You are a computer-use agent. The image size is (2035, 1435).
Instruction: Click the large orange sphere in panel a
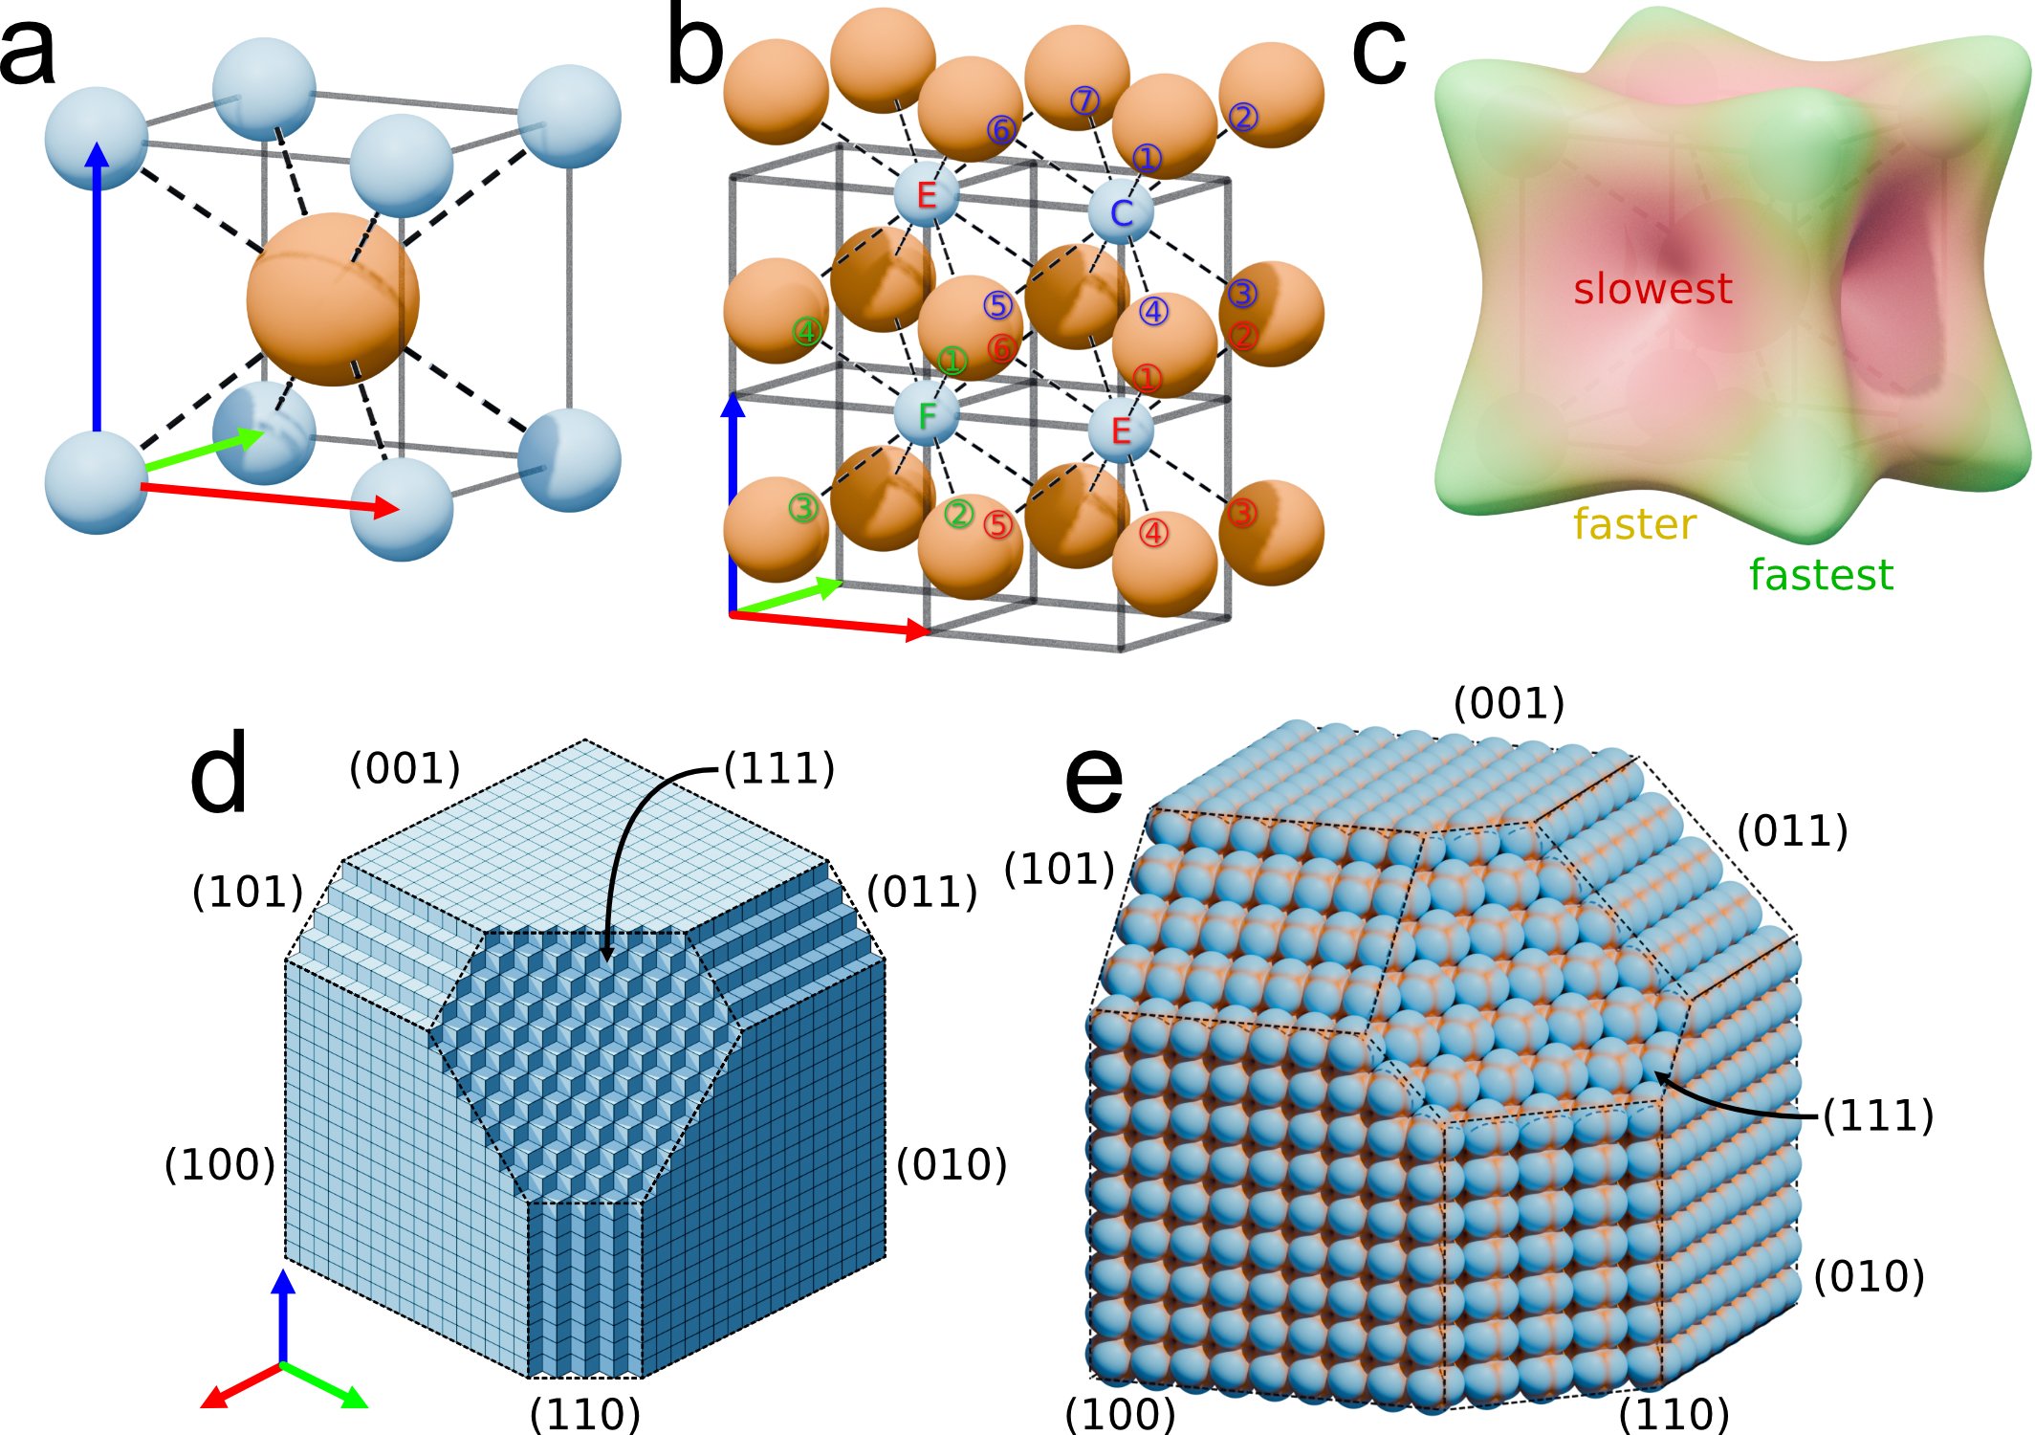tap(333, 299)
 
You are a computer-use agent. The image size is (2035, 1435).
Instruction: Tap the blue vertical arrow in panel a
tap(97, 287)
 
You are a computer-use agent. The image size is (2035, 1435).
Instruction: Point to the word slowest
tap(1652, 288)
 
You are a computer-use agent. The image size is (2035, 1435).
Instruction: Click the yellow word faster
tap(1634, 524)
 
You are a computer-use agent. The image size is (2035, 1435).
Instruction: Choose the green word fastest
tap(1821, 575)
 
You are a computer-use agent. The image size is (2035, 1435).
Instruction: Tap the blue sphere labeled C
tap(1121, 212)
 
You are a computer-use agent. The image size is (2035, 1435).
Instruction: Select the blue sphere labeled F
tap(926, 415)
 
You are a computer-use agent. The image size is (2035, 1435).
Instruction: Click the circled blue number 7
tap(1084, 100)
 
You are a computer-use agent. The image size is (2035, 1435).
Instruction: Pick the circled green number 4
tap(808, 332)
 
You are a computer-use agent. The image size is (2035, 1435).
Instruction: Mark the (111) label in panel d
tap(779, 768)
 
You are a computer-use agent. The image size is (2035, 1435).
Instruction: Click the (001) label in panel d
tap(405, 768)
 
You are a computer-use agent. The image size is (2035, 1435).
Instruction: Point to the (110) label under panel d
tap(584, 1413)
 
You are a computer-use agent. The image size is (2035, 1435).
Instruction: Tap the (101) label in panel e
tap(1060, 869)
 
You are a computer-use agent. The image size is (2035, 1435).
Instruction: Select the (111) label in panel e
tap(1878, 1115)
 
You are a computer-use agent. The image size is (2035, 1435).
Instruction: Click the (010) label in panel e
tap(1870, 1276)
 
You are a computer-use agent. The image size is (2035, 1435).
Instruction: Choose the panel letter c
tap(1378, 53)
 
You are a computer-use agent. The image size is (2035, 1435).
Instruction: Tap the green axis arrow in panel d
tap(325, 1384)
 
